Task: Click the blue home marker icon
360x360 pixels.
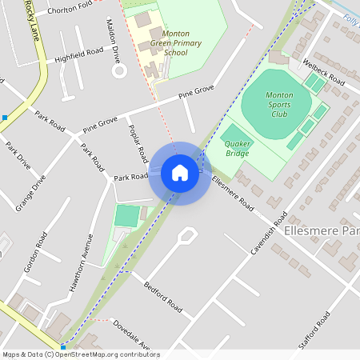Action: tap(179, 172)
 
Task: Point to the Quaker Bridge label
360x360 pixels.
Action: tap(238, 147)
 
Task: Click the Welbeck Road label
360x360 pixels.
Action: tap(322, 72)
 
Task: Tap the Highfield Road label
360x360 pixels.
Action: tap(79, 55)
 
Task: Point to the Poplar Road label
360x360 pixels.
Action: tap(138, 141)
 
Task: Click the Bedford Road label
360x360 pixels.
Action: tap(163, 297)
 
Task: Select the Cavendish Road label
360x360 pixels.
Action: tap(268, 233)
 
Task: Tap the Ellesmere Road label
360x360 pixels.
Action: tap(232, 194)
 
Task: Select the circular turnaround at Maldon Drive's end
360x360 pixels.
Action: tap(120, 70)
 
